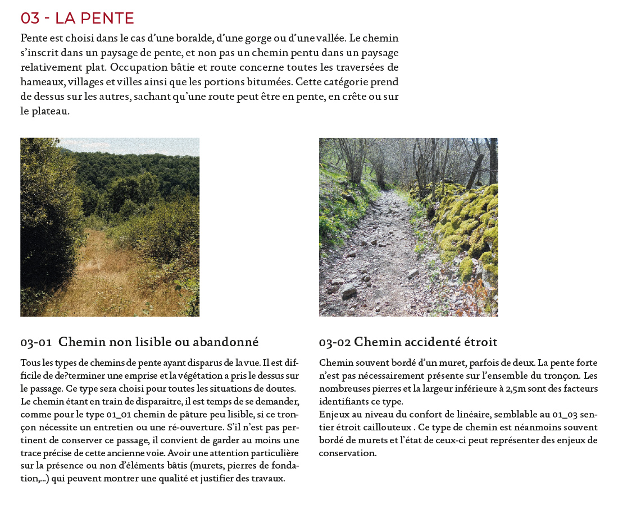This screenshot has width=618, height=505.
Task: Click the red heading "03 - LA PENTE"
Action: [77, 19]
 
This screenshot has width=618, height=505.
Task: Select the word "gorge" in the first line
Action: [264, 39]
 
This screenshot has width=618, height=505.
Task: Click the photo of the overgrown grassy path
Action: [110, 227]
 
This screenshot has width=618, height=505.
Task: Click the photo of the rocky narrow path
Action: [408, 227]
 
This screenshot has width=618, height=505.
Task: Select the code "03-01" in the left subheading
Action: [36, 342]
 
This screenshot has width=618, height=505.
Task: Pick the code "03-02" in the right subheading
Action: [334, 342]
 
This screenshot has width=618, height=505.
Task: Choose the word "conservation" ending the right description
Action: [347, 453]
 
